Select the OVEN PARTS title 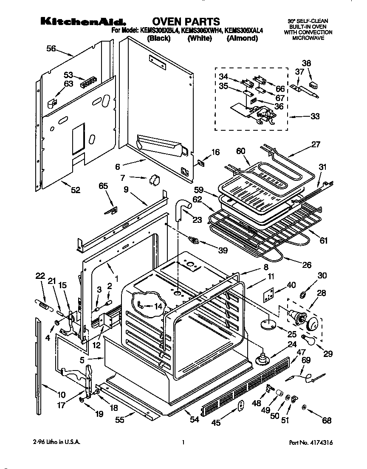(x=186, y=21)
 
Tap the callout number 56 (x=51, y=49)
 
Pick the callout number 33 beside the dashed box (x=315, y=116)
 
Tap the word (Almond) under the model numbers (x=242, y=38)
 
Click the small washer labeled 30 (x=304, y=295)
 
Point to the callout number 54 (x=195, y=420)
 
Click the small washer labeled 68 (x=304, y=408)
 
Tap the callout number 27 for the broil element (x=315, y=144)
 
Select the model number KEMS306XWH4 (x=200, y=31)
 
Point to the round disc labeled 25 (x=268, y=324)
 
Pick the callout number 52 (x=75, y=190)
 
